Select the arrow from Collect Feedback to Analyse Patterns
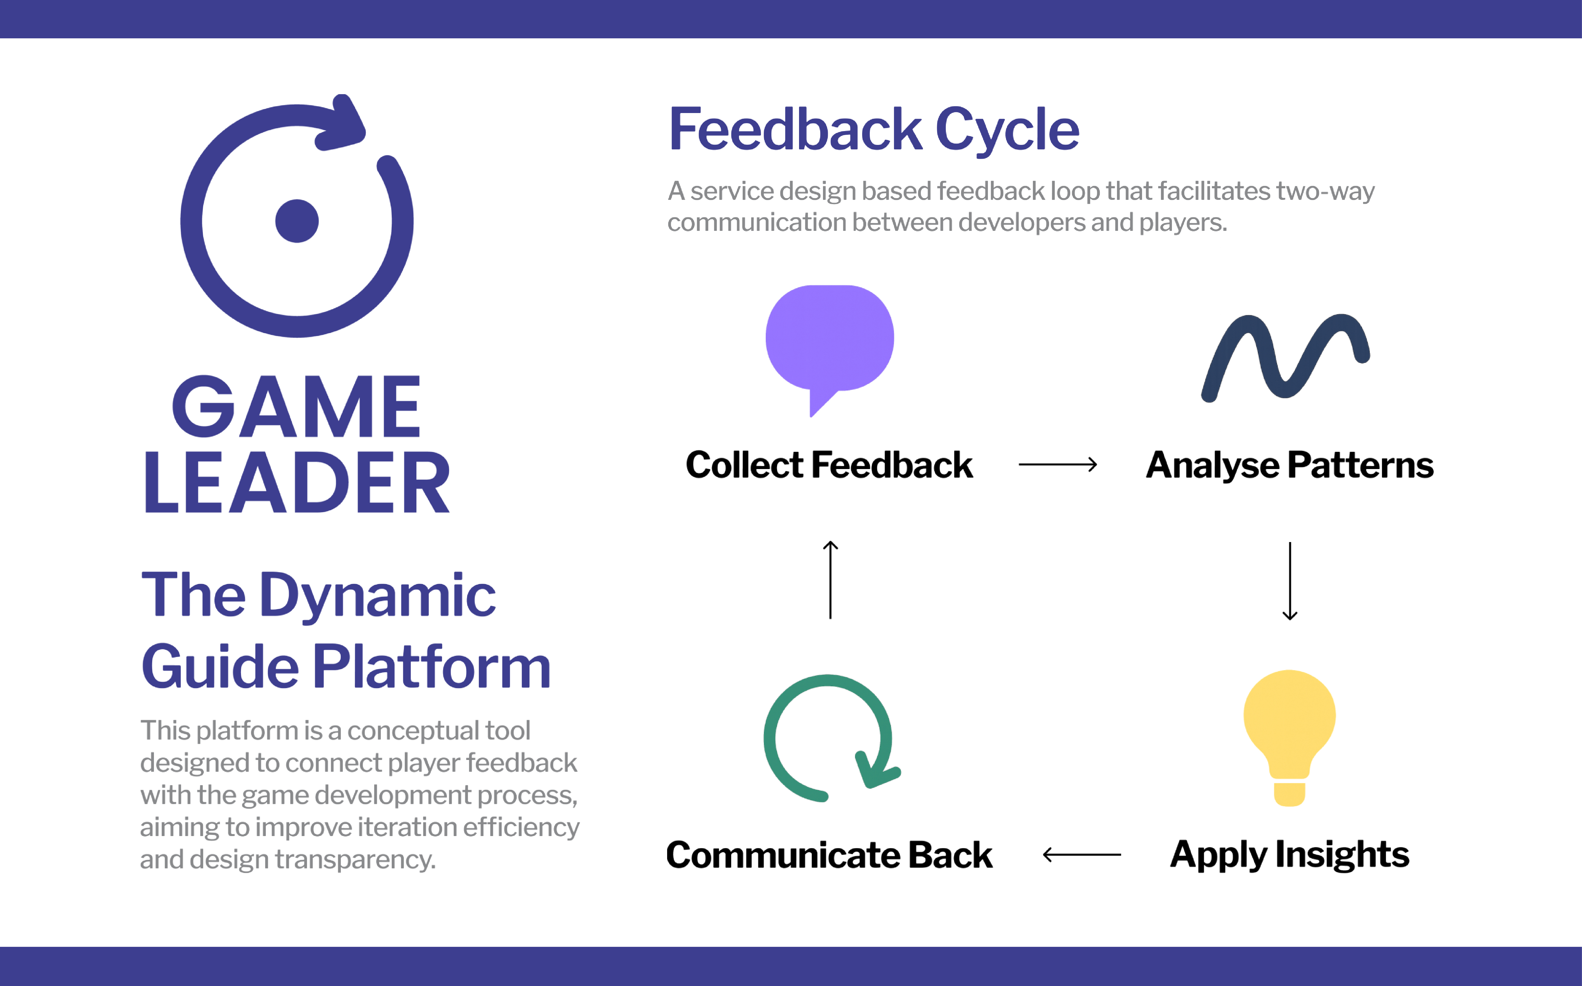1057,464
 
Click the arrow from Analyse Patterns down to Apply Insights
1289,580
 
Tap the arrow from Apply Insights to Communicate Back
1082,854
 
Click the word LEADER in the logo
297,483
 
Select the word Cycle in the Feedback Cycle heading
1007,131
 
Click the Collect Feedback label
829,465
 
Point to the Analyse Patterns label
1289,465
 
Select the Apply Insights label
1289,854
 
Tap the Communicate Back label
829,854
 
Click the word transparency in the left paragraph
355,859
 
